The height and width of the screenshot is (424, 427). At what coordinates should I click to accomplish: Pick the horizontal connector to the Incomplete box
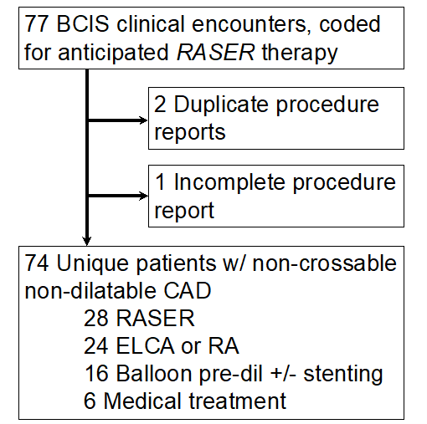[x=117, y=197]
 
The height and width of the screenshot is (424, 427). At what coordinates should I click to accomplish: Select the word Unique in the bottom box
[x=89, y=264]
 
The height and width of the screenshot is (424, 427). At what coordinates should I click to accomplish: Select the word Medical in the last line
[x=145, y=400]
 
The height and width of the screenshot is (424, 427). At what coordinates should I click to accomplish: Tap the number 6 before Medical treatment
[x=91, y=400]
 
